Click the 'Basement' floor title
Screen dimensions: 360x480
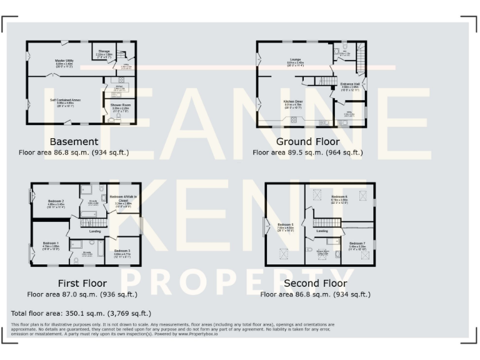tap(74, 142)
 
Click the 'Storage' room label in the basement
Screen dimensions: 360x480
tap(104, 51)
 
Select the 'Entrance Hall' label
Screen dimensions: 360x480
tap(350, 84)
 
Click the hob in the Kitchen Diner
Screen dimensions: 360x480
tap(322, 122)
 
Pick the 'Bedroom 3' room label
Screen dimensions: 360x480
tap(122, 251)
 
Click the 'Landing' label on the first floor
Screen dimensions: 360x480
tap(96, 231)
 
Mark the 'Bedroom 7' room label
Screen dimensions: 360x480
tap(357, 243)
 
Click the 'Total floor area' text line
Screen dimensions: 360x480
tap(81, 313)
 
